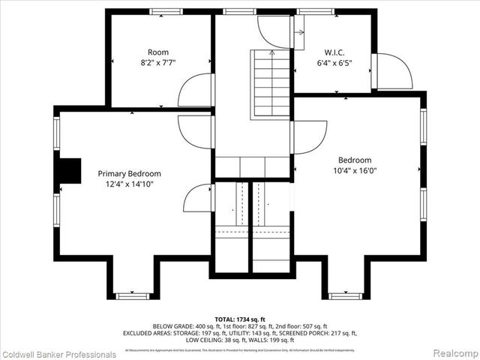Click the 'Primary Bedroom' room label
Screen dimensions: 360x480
coord(130,173)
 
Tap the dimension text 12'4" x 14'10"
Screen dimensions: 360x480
coord(130,184)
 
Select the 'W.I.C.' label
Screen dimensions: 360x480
coord(334,52)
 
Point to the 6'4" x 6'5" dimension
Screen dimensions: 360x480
coord(334,63)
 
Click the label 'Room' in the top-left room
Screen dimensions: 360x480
coord(157,52)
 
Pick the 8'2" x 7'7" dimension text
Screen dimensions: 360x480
coord(157,63)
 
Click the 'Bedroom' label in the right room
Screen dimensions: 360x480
coord(355,160)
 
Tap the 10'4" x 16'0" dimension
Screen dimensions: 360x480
coord(355,170)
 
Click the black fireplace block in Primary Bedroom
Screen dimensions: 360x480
coord(70,171)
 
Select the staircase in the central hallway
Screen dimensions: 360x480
coord(271,82)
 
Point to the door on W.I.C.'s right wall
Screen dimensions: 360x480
coord(393,71)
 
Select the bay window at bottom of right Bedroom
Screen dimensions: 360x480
coord(346,295)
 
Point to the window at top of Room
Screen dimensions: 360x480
coord(166,11)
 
